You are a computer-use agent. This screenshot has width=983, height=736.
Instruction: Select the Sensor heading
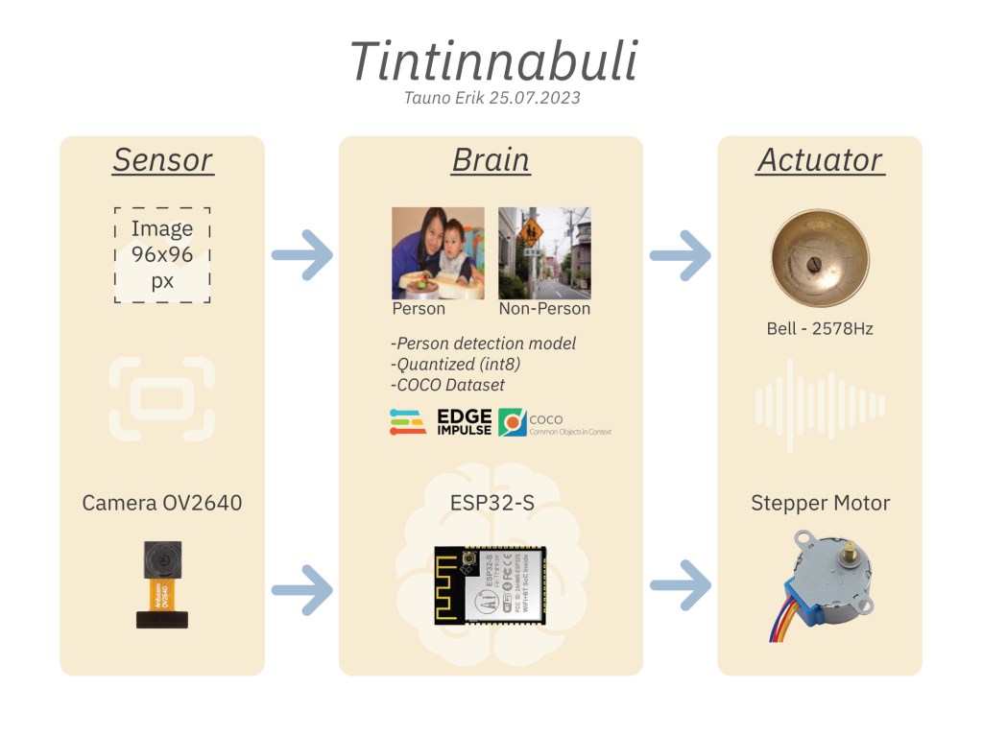click(x=162, y=160)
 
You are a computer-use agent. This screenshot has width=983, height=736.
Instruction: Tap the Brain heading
click(x=491, y=160)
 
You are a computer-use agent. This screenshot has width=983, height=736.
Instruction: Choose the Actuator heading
click(x=820, y=160)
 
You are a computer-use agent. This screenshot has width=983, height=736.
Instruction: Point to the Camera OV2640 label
click(x=162, y=503)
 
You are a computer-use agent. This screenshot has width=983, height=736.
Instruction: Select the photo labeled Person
click(x=438, y=252)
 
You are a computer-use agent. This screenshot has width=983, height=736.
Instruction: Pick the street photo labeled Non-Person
click(x=544, y=252)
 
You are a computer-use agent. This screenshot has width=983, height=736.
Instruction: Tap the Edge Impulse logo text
click(x=464, y=422)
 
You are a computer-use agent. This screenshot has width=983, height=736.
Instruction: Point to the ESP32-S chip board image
click(x=490, y=585)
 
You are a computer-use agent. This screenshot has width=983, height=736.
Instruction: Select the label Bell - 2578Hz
click(x=820, y=329)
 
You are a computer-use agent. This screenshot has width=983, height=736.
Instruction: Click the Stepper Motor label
click(x=820, y=503)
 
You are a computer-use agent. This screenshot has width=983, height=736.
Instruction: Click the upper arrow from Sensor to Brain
click(x=303, y=255)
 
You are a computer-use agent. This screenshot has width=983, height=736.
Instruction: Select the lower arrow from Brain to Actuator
click(x=681, y=585)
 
